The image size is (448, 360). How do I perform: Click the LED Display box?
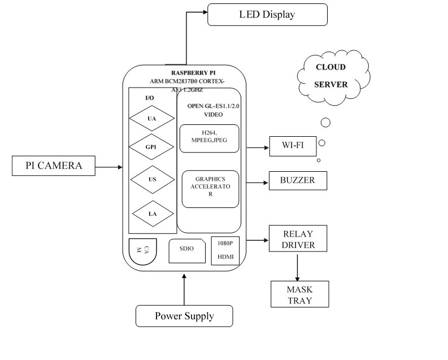click(x=267, y=14)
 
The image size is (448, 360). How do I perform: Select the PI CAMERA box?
click(x=54, y=166)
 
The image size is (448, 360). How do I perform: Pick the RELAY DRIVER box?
click(x=298, y=240)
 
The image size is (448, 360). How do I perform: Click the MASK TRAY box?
click(x=299, y=293)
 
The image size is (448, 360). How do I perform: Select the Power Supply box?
click(x=185, y=315)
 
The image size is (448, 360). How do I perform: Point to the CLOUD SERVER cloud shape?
click(x=330, y=76)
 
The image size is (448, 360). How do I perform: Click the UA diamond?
click(x=151, y=119)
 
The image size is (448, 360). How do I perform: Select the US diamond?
click(x=152, y=180)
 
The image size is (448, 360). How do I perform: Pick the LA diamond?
click(x=152, y=213)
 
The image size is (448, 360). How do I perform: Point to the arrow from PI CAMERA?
click(x=108, y=167)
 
